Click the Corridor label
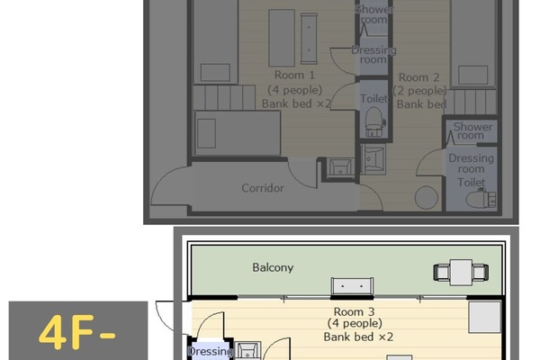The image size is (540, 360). click(x=263, y=188)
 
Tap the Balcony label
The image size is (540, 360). click(x=272, y=267)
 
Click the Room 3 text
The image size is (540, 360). click(x=346, y=310)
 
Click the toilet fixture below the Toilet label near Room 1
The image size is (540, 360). click(x=373, y=121)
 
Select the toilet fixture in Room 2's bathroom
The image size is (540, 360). click(x=479, y=194)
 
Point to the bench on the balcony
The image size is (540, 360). click(x=352, y=286)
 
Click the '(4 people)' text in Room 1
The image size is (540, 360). click(x=292, y=90)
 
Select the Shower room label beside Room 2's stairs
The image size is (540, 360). click(x=472, y=131)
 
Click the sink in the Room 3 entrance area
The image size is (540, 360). click(x=249, y=351)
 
